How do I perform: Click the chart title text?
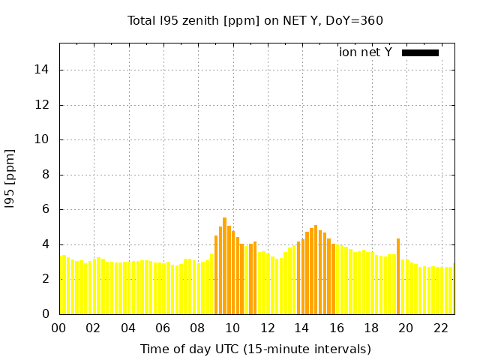click(x=255, y=20)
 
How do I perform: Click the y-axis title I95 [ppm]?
click(x=10, y=178)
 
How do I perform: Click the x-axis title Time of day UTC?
click(x=255, y=349)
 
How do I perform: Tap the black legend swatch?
click(x=420, y=52)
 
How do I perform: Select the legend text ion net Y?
click(x=365, y=52)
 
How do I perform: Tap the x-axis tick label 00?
click(x=59, y=328)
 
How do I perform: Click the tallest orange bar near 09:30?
click(x=224, y=266)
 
